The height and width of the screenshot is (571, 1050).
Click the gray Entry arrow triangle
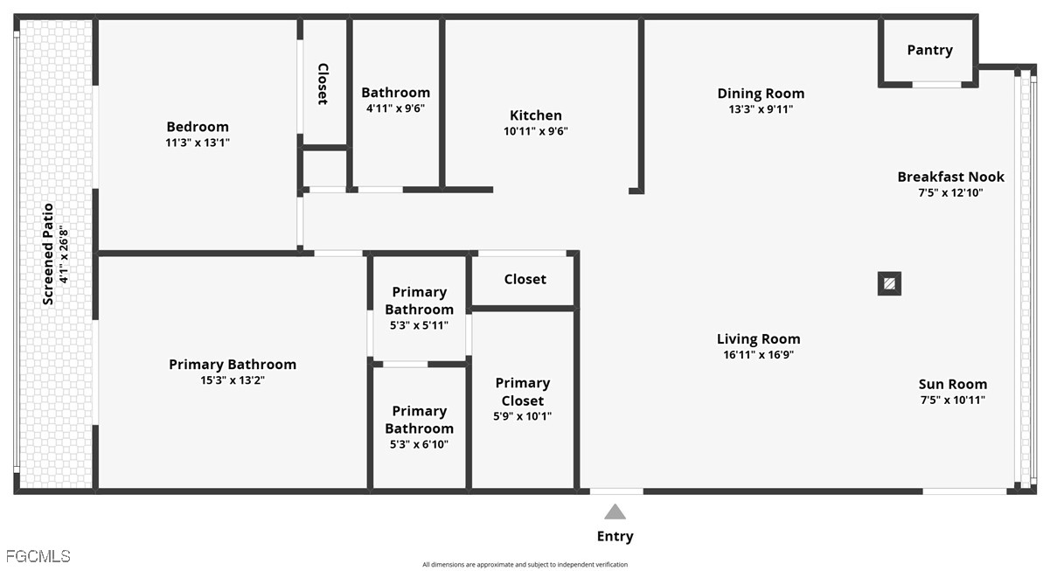click(615, 512)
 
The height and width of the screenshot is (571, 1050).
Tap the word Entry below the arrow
click(615, 536)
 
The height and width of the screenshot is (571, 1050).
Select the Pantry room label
click(929, 50)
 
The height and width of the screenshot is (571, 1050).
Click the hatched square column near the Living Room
click(889, 283)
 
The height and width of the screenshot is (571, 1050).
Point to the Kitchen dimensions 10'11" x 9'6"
click(536, 131)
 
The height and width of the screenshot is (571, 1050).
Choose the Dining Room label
click(761, 94)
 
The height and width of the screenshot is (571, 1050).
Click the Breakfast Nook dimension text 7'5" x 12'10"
click(950, 192)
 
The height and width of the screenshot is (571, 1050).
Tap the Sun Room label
click(952, 385)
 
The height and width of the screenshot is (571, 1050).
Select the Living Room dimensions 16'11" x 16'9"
click(759, 355)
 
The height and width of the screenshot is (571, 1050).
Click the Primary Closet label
click(523, 392)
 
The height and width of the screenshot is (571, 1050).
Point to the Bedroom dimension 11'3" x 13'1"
click(198, 143)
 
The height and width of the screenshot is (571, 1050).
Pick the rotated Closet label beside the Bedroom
click(323, 84)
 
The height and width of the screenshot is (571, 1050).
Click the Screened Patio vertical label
click(48, 254)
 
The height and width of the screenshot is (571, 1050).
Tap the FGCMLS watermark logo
click(38, 556)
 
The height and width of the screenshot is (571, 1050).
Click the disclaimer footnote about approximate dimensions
click(525, 564)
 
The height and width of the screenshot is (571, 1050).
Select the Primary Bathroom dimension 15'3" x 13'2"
click(233, 380)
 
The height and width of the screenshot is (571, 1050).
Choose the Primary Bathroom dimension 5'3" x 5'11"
click(419, 325)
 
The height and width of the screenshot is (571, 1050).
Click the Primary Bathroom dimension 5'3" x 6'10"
click(419, 444)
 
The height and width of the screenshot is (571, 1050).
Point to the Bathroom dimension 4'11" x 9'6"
click(396, 108)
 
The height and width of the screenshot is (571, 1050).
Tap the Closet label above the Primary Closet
click(525, 280)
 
